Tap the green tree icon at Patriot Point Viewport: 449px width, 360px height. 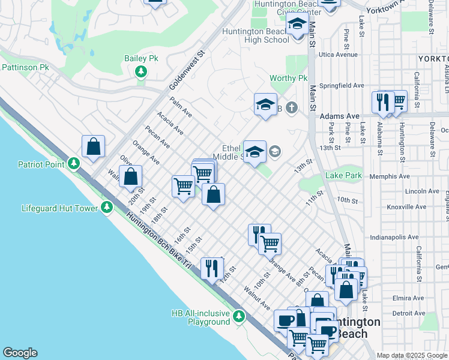tap(73, 163)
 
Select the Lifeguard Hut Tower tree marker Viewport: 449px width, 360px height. tap(107, 208)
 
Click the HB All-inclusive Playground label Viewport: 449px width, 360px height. tap(200, 317)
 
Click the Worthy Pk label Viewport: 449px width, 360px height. tap(288, 79)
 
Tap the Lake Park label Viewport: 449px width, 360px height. tap(344, 176)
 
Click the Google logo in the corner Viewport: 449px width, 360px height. tap(20, 353)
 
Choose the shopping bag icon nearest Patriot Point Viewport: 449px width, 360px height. tap(93, 146)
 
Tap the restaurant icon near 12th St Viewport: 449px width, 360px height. tap(211, 267)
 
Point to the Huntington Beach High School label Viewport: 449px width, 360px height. tap(255, 35)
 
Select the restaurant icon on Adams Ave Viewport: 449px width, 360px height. tap(382, 101)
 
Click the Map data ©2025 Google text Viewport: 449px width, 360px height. tap(411, 355)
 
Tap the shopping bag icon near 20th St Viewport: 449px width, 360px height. tap(130, 176)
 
